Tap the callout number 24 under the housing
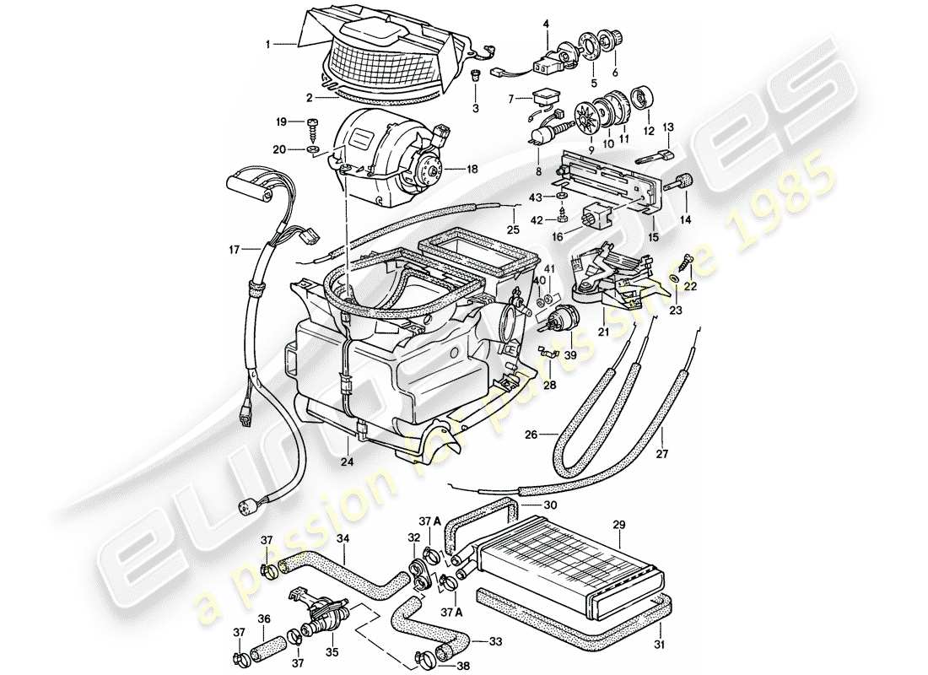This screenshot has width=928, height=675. click(347, 462)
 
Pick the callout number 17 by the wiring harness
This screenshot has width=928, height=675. click(234, 249)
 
